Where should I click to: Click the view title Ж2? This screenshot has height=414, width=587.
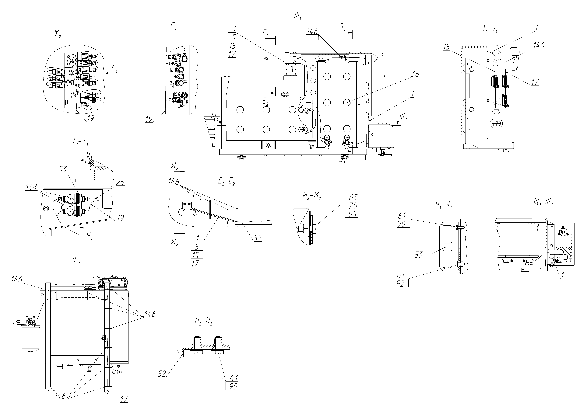click(x=57, y=34)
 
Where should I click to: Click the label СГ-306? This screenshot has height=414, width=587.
click(x=96, y=277)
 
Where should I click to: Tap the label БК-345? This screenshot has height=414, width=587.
click(x=117, y=373)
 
